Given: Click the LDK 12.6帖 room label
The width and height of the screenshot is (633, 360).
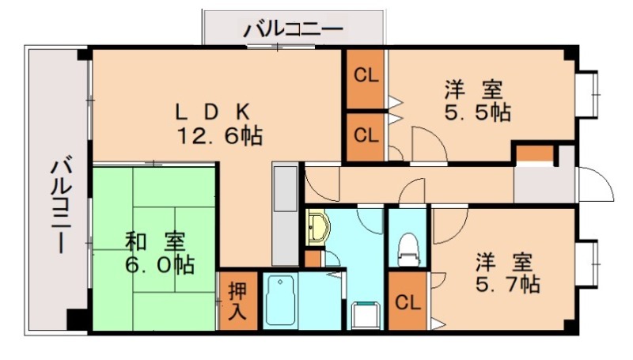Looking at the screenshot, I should tap(218, 123).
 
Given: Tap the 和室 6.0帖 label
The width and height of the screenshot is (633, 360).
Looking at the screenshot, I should tap(158, 252).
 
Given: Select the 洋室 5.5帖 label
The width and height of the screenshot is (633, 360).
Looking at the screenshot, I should tap(476, 100).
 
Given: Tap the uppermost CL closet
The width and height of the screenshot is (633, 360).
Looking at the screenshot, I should tap(366, 78).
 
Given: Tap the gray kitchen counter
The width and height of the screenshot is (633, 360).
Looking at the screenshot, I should tap(285, 214).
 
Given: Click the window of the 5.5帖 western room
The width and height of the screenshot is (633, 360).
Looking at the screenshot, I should tap(589, 95).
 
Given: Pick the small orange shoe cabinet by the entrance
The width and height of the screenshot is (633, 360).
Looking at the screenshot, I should tap(532, 153).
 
